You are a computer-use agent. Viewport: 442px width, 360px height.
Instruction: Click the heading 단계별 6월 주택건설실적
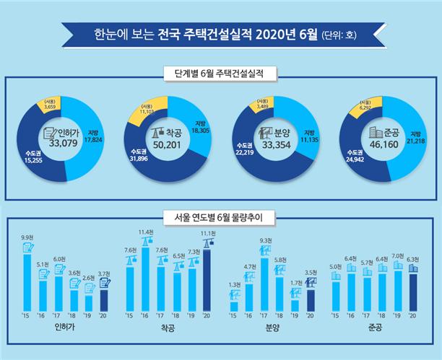pyautogui.click(x=221, y=73)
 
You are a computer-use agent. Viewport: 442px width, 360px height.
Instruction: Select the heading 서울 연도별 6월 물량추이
pyautogui.click(x=221, y=215)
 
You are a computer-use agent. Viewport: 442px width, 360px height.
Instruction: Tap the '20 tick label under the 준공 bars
pyautogui.click(x=412, y=315)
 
